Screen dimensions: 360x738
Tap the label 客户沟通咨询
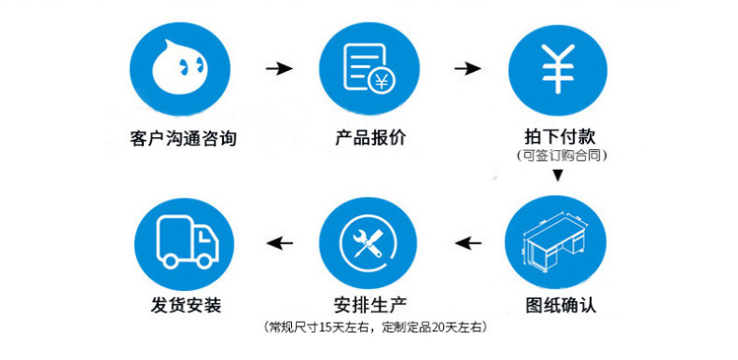coord(182,139)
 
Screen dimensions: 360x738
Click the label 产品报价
coord(370,139)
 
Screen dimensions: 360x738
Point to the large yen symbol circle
coord(557,69)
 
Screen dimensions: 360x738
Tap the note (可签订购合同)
coord(557,156)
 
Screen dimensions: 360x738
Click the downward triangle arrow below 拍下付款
coord(557,175)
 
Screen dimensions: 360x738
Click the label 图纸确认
coord(557,304)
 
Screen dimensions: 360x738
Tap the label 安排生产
coord(370,304)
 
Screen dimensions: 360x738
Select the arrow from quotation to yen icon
coord(466,69)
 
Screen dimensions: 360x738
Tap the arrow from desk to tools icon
coord(467,244)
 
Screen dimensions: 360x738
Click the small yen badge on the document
coord(380,82)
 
